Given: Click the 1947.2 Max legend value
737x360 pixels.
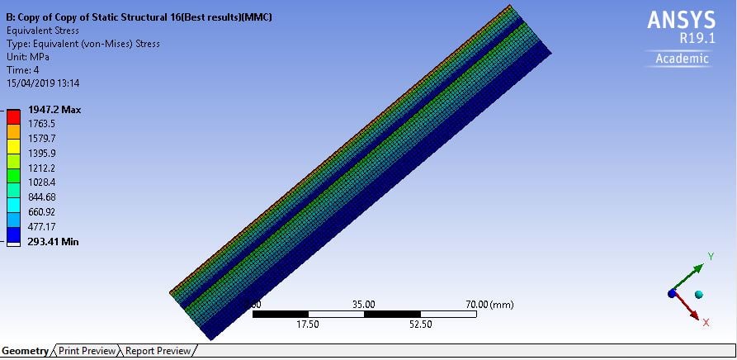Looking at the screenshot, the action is [x=54, y=110].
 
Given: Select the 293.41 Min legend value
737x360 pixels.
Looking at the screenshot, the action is [x=54, y=242].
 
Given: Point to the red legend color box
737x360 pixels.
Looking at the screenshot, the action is [x=14, y=116].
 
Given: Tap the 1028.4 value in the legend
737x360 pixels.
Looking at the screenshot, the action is [x=42, y=182].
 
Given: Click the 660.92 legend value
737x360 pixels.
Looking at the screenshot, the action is [x=42, y=211].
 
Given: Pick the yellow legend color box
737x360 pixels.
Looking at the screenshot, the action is [x=14, y=146].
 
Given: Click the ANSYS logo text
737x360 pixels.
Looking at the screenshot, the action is [x=681, y=20].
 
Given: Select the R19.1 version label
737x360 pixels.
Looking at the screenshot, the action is [x=697, y=39].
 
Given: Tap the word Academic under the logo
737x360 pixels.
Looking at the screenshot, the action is [x=682, y=59].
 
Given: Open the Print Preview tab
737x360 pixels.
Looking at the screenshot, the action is [x=87, y=351].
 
